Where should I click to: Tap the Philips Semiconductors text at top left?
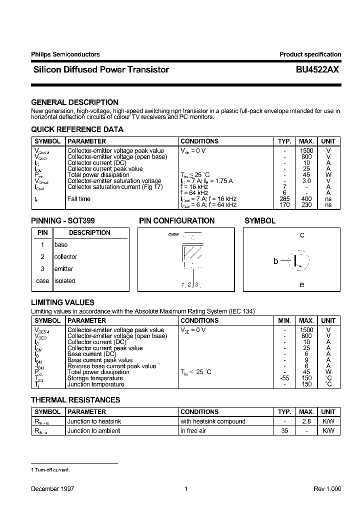tap(65, 54)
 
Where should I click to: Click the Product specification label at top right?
tap(310, 54)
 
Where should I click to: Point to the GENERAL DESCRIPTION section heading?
tap(74, 102)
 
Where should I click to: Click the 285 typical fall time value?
tap(284, 199)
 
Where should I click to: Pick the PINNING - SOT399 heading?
tap(63, 220)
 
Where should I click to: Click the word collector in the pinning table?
tap(65, 257)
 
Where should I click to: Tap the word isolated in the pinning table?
tap(64, 281)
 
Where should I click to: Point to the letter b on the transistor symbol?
tap(275, 261)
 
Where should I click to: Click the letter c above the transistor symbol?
tap(302, 235)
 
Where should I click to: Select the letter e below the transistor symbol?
tap(302, 284)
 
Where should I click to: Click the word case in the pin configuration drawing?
tap(173, 234)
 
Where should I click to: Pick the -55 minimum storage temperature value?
tap(284, 378)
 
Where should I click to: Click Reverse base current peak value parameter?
tap(112, 366)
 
